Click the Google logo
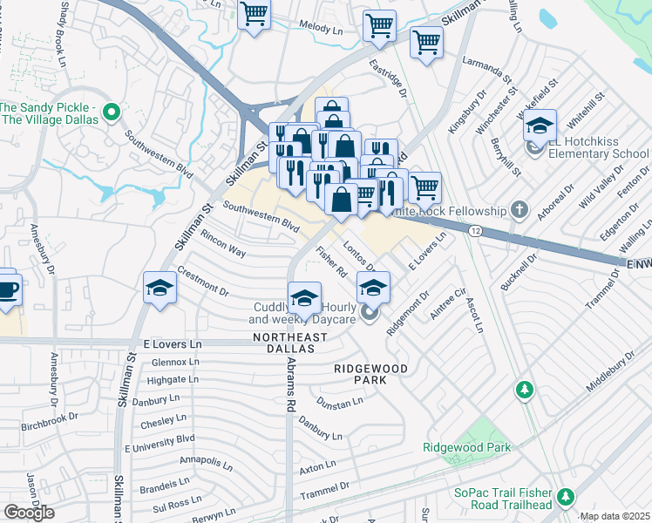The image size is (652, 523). click(29, 512)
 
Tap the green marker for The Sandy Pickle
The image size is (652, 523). click(111, 112)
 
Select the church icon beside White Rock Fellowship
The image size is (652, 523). click(519, 209)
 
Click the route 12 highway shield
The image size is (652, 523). click(474, 230)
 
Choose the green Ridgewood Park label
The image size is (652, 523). click(466, 447)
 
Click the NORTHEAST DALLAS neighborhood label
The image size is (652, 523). click(282, 343)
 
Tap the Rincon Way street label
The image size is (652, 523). click(222, 243)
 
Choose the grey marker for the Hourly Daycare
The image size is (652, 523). click(369, 313)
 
